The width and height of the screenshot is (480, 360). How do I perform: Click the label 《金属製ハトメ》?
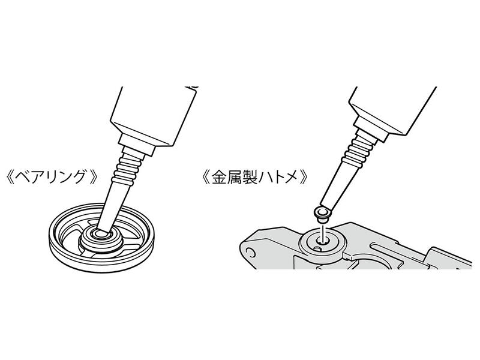(254, 177)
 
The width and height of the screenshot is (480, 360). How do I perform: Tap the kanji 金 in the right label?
(220, 177)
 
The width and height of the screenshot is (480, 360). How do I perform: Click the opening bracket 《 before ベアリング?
(11, 177)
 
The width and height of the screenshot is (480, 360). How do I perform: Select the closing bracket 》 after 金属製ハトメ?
(302, 177)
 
